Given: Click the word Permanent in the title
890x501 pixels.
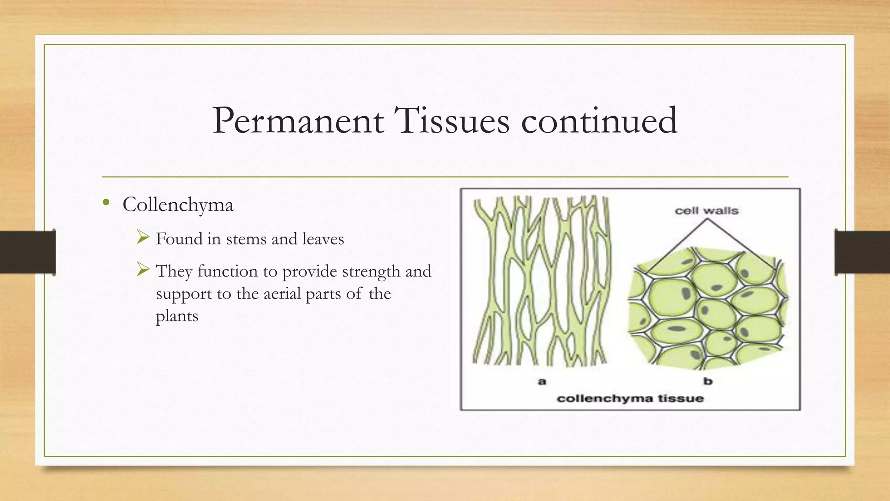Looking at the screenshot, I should pos(298,121).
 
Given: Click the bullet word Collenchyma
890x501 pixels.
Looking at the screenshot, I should pos(178,205).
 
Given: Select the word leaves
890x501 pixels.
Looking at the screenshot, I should pos(323,239).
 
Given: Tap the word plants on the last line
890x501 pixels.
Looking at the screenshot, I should pos(177,316).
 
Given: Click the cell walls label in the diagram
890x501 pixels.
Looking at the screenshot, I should pos(706,211).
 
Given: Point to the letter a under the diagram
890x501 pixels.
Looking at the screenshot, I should pos(541,381).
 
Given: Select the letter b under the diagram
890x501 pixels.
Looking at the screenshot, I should pos(708,381).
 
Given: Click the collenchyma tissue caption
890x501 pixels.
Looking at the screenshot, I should pos(630,398).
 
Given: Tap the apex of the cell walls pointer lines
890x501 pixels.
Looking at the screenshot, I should pos(707,219).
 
